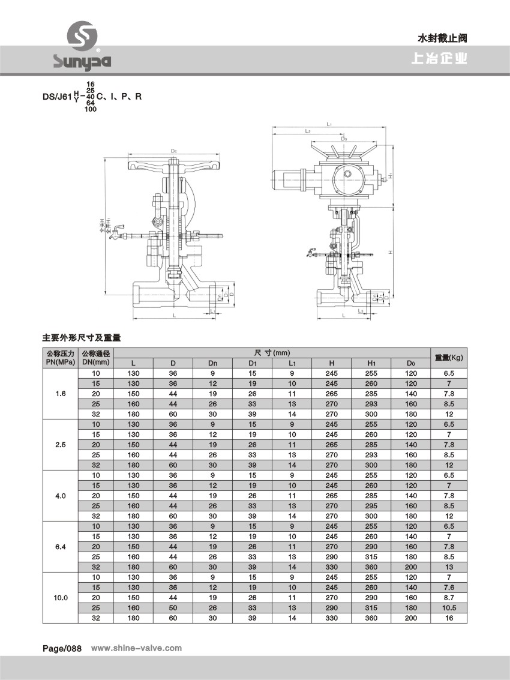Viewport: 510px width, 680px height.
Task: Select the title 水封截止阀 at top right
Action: point(442,38)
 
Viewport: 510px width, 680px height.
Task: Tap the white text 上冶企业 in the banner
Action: point(439,60)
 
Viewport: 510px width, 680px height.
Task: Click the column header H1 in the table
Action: point(371,363)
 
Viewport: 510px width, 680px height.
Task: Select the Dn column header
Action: point(212,363)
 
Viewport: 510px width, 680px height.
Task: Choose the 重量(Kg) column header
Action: point(449,357)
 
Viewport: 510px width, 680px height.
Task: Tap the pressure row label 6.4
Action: point(61,547)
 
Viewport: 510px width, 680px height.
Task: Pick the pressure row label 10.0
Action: point(61,598)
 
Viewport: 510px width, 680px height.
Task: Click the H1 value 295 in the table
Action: point(371,506)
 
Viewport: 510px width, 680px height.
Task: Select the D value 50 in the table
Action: point(173,608)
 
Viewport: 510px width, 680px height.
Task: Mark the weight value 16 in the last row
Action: point(449,618)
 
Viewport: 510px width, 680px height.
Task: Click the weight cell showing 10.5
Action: point(449,608)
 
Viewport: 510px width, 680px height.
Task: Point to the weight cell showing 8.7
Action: point(449,598)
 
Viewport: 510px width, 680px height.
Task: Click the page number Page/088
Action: point(62,648)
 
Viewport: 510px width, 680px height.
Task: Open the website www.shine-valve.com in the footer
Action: point(136,648)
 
